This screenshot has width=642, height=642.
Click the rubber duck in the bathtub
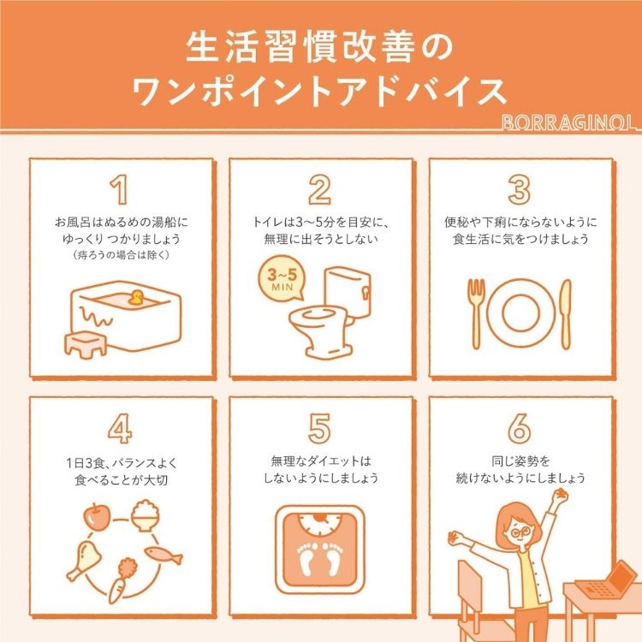pyautogui.click(x=136, y=298)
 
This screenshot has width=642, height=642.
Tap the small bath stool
pyautogui.click(x=86, y=344)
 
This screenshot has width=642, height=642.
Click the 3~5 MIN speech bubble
pyautogui.click(x=282, y=278)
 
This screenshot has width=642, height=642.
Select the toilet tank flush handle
pyautogui.click(x=365, y=293)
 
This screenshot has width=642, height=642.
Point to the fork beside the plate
pyautogui.click(x=476, y=313)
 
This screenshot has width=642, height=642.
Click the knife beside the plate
pyautogui.click(x=566, y=313)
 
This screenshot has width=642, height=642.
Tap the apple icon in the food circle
pyautogui.click(x=97, y=517)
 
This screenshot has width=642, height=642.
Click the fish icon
pyautogui.click(x=163, y=556)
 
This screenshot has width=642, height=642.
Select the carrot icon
pyautogui.click(x=121, y=580)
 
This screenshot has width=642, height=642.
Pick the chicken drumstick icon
pyautogui.click(x=85, y=560)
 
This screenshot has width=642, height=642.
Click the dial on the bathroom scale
pyautogui.click(x=320, y=526)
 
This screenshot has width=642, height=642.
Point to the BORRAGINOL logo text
pyautogui.click(x=570, y=122)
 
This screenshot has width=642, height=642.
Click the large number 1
pyautogui.click(x=120, y=189)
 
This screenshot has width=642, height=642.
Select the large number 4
pyautogui.click(x=120, y=428)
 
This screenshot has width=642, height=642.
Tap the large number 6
pyautogui.click(x=520, y=428)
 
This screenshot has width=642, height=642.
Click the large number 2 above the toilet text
pyautogui.click(x=319, y=189)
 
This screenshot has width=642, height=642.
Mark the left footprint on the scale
pyautogui.click(x=308, y=558)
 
